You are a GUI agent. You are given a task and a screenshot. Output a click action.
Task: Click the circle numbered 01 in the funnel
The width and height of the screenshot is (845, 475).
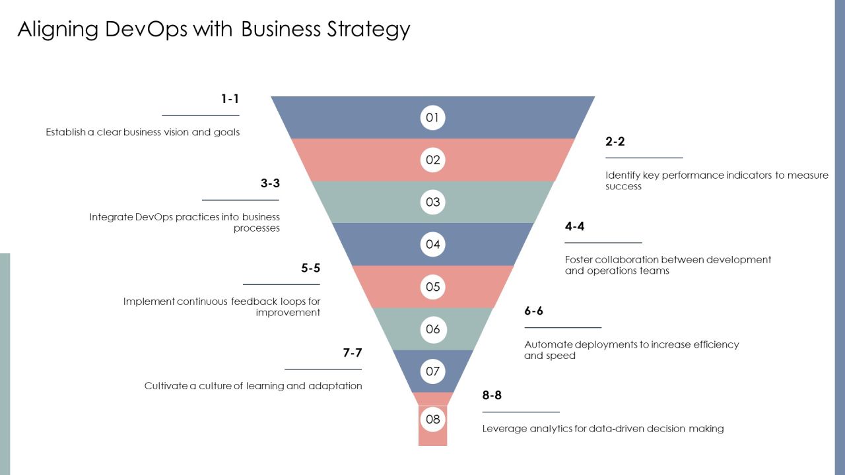[432, 117]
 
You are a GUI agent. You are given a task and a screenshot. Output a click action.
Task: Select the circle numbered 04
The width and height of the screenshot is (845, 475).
[432, 244]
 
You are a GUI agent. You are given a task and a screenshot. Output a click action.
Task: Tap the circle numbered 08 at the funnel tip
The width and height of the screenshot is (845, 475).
[432, 419]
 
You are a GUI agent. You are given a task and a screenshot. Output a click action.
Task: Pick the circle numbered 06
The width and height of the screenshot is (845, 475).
[432, 329]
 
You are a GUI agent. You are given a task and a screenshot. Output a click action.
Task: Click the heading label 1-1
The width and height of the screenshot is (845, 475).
[230, 99]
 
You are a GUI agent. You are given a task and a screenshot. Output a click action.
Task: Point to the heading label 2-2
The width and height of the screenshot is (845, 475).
[615, 141]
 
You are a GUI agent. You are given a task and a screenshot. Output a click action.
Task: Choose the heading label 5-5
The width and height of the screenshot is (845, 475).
[310, 268]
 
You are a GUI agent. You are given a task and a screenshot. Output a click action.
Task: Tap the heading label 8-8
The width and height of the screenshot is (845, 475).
[492, 395]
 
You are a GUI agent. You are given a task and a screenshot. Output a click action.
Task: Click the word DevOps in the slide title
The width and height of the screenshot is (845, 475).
[146, 30]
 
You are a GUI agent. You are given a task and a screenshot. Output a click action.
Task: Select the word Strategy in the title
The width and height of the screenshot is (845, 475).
[368, 30]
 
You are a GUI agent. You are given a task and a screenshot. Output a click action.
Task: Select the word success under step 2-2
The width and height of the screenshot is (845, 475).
[623, 186]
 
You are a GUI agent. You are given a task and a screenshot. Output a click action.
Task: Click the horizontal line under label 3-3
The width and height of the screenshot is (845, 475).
[240, 200]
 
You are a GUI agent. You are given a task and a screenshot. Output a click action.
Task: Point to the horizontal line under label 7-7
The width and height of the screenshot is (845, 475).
[323, 369]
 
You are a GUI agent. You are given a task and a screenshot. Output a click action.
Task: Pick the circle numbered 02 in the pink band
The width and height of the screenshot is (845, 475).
[432, 160]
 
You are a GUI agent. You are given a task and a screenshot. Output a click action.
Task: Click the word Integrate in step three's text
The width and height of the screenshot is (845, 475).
[111, 218]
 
